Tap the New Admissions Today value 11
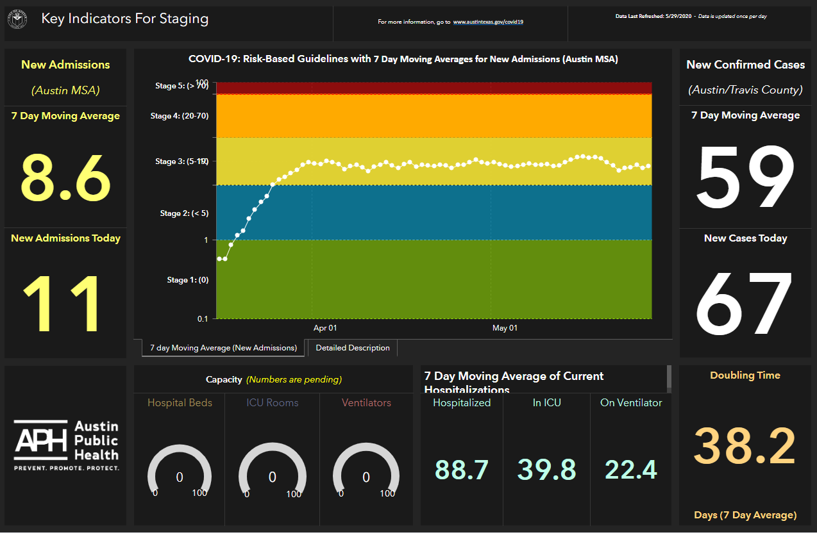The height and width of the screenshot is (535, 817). click(64, 303)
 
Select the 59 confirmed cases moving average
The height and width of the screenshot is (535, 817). click(745, 177)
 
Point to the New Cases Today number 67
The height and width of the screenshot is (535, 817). click(745, 304)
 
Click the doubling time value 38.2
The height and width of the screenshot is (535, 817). click(745, 447)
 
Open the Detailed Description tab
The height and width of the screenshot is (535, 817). click(353, 348)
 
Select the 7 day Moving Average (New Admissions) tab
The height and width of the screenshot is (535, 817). click(223, 348)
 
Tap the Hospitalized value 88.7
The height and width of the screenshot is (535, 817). click(462, 469)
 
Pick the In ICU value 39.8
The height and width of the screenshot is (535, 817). click(546, 469)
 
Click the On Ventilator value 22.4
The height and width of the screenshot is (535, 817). click(631, 469)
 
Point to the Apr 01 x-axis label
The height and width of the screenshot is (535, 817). click(325, 328)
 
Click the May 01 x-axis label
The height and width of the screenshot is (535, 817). click(505, 328)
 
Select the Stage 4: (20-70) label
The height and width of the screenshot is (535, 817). click(180, 116)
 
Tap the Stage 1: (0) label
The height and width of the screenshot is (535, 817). click(188, 280)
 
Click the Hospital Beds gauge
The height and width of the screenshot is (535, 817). click(180, 471)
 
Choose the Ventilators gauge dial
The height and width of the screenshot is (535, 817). click(366, 471)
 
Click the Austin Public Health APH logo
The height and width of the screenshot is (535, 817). click(67, 445)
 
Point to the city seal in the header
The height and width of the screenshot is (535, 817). click(17, 19)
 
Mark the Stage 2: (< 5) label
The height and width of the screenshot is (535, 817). click(184, 213)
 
